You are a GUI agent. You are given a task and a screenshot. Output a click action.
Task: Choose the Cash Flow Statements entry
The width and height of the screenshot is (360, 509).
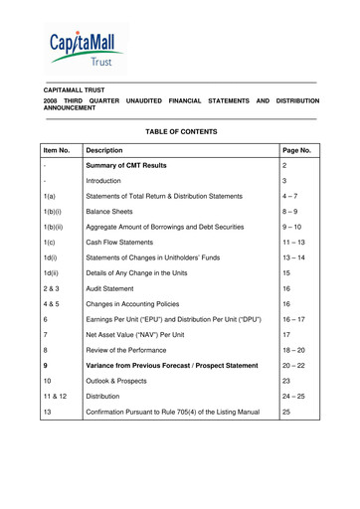click(x=159, y=312)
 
